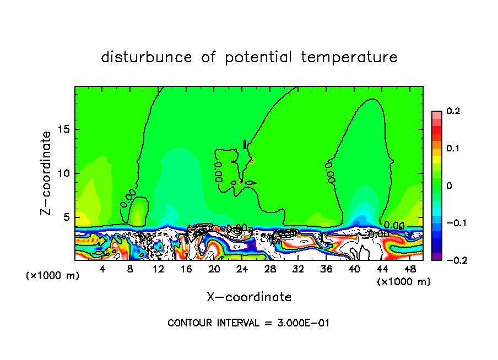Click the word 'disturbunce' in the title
[146, 57]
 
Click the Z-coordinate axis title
[47, 173]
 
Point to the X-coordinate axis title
[249, 297]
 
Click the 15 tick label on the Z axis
[64, 129]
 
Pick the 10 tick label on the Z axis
[64, 173]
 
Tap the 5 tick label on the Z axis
[67, 217]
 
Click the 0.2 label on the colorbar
[453, 111]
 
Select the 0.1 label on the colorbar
[453, 148]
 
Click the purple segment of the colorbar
[436, 257]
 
